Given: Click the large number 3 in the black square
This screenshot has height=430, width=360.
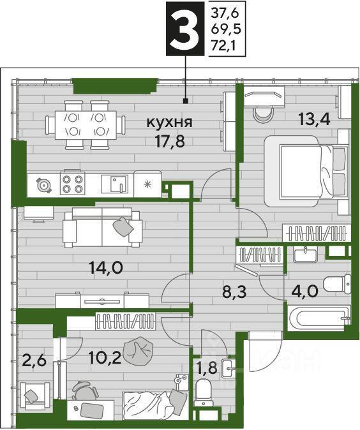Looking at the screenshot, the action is coord(185,29).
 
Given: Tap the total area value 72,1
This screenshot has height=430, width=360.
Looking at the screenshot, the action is coord(222,46).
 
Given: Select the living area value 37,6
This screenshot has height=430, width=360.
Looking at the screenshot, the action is coord(225,13).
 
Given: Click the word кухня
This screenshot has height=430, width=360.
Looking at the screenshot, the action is coord(169,122).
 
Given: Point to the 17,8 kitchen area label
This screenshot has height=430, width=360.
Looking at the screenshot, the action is coord(170,142).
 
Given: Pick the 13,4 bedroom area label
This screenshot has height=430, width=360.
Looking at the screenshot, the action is coord(314,119).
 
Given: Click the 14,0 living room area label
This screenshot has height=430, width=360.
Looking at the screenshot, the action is coord(106,268).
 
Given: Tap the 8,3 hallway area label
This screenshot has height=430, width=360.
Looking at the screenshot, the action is coord(234,293).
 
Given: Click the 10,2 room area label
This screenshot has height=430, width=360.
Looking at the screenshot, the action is coord(105,358).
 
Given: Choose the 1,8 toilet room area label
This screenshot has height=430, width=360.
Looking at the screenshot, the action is coord(207,367).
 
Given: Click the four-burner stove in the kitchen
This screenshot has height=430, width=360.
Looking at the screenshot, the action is coord(72,184).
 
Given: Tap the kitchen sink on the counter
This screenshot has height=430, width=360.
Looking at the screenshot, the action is coord(114,184).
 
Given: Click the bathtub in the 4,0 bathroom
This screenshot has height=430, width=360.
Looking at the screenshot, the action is coord(319,318).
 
